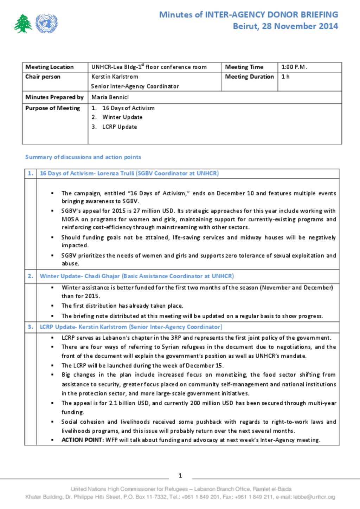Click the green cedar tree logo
(23, 24)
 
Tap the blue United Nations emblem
(46, 24)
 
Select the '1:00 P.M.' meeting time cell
(294, 67)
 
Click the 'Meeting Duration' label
(249, 77)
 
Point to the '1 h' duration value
(285, 77)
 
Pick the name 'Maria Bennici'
(110, 97)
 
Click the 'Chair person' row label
(43, 77)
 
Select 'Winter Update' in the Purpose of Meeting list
(122, 117)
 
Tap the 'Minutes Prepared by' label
(54, 97)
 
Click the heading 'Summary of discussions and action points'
(83, 157)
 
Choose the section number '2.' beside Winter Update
(31, 276)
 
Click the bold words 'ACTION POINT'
(82, 440)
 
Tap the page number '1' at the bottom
(180, 476)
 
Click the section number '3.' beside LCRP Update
(31, 327)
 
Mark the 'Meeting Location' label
(50, 67)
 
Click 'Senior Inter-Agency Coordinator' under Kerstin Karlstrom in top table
(135, 86)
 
